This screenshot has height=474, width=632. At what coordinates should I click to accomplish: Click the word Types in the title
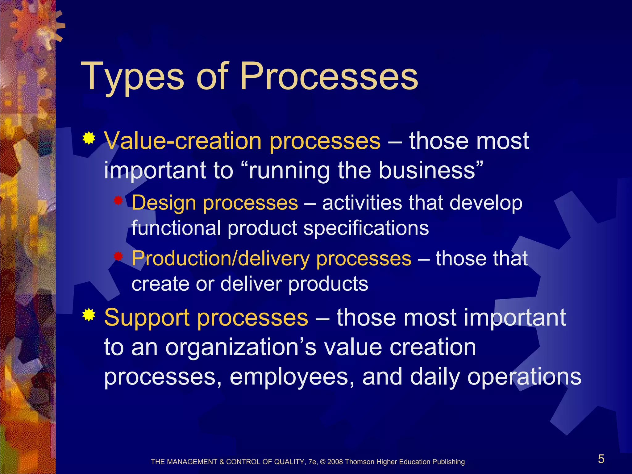click(x=133, y=77)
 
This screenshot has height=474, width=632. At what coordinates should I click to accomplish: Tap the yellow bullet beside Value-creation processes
click(x=89, y=139)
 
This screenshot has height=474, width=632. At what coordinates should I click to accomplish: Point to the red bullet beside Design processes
click(x=118, y=201)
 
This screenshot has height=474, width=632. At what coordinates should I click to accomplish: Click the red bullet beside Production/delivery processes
click(x=118, y=256)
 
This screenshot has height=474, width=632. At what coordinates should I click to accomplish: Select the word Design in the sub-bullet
click(x=164, y=203)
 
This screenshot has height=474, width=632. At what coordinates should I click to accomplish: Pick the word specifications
click(x=366, y=228)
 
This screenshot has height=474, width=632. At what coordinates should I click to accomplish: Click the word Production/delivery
click(x=220, y=259)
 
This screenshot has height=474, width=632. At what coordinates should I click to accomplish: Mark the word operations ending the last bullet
click(x=524, y=377)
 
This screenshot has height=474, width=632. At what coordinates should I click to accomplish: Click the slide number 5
click(x=601, y=459)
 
